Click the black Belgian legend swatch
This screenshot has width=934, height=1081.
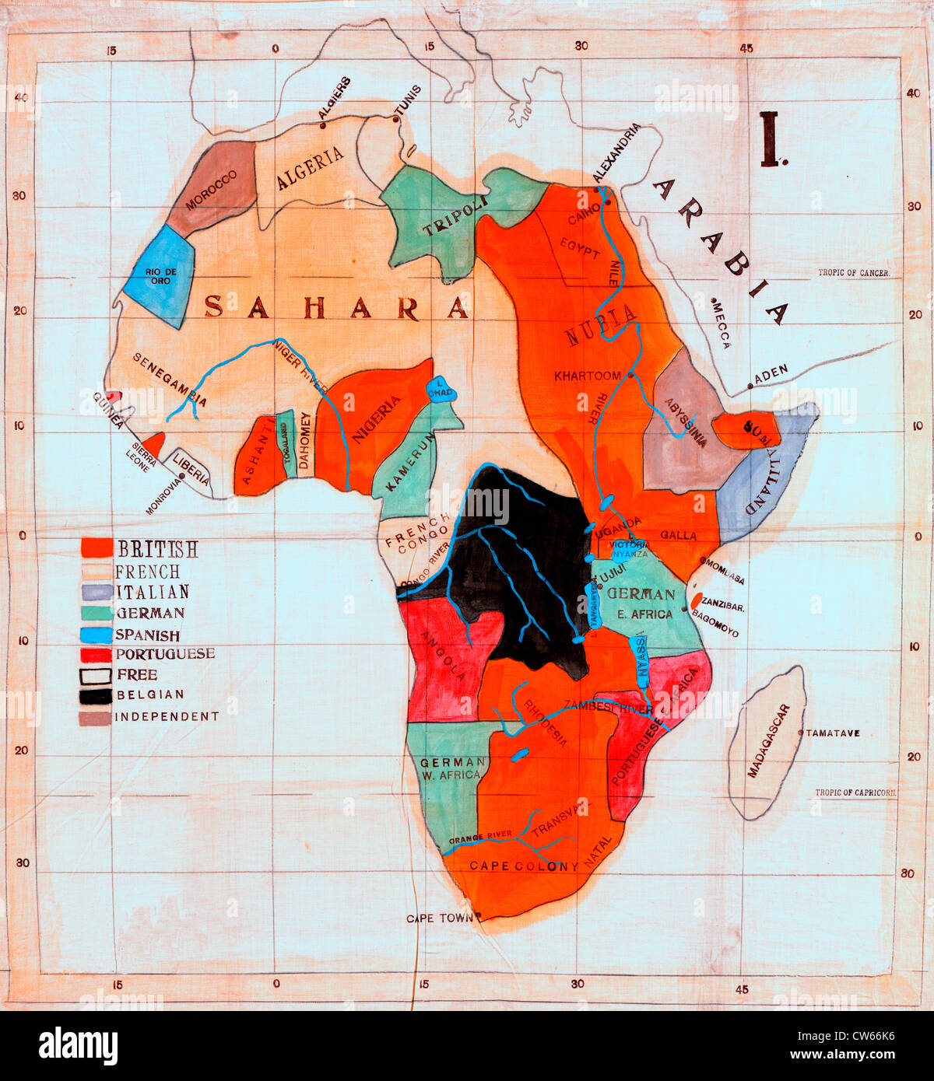tap(95, 695)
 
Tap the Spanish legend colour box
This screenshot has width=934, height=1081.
tap(95, 635)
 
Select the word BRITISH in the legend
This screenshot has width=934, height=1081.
tap(157, 549)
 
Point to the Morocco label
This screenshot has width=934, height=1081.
tap(211, 191)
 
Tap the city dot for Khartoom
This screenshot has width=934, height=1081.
tap(630, 375)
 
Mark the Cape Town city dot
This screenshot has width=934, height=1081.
tap(477, 915)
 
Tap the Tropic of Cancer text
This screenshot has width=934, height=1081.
tap(853, 273)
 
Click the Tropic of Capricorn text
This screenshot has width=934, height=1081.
tap(855, 792)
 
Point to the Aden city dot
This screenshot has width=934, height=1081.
tap(750, 386)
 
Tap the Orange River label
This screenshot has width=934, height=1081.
tap(481, 836)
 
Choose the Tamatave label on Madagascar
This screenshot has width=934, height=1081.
tap(833, 733)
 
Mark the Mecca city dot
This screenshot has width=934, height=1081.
tap(713, 299)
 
